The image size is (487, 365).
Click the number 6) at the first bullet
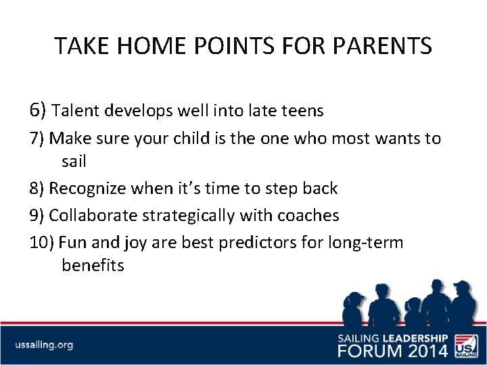tap(38, 110)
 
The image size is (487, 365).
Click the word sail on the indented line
tap(74, 162)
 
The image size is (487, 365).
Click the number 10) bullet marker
tap(42, 242)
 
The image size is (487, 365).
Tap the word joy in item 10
tap(131, 242)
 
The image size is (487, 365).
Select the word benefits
tap(93, 266)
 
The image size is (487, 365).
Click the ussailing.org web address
tap(45, 345)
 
